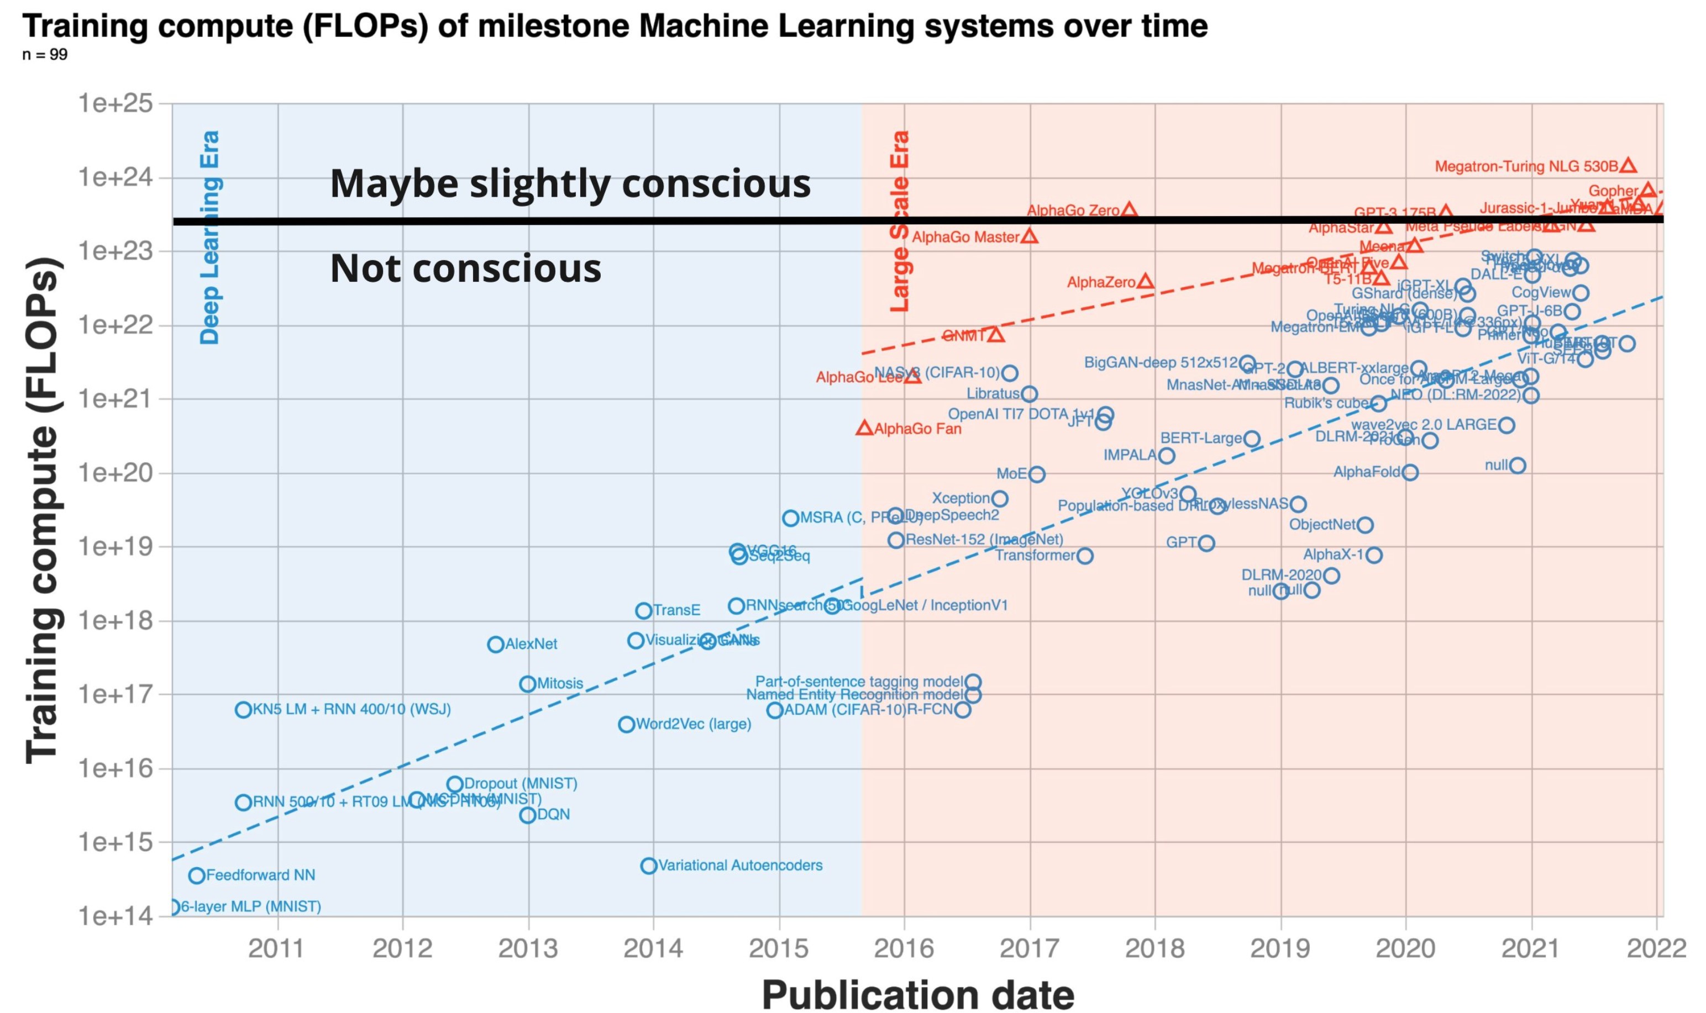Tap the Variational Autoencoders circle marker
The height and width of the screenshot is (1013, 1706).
coord(648,866)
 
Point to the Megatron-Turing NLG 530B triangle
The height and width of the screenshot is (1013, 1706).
coord(1628,166)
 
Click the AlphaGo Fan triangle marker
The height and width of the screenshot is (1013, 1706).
coord(865,428)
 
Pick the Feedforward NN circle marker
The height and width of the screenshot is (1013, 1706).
coord(197,875)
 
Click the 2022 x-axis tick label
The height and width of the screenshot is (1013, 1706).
coord(1656,949)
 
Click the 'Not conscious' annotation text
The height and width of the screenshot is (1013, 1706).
coord(465,268)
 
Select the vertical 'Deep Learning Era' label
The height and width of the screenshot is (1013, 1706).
coord(209,237)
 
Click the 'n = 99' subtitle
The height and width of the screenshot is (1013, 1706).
coord(45,55)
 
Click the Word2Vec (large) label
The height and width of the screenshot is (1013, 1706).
coord(693,724)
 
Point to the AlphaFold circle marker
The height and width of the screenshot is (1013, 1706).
coord(1410,472)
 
